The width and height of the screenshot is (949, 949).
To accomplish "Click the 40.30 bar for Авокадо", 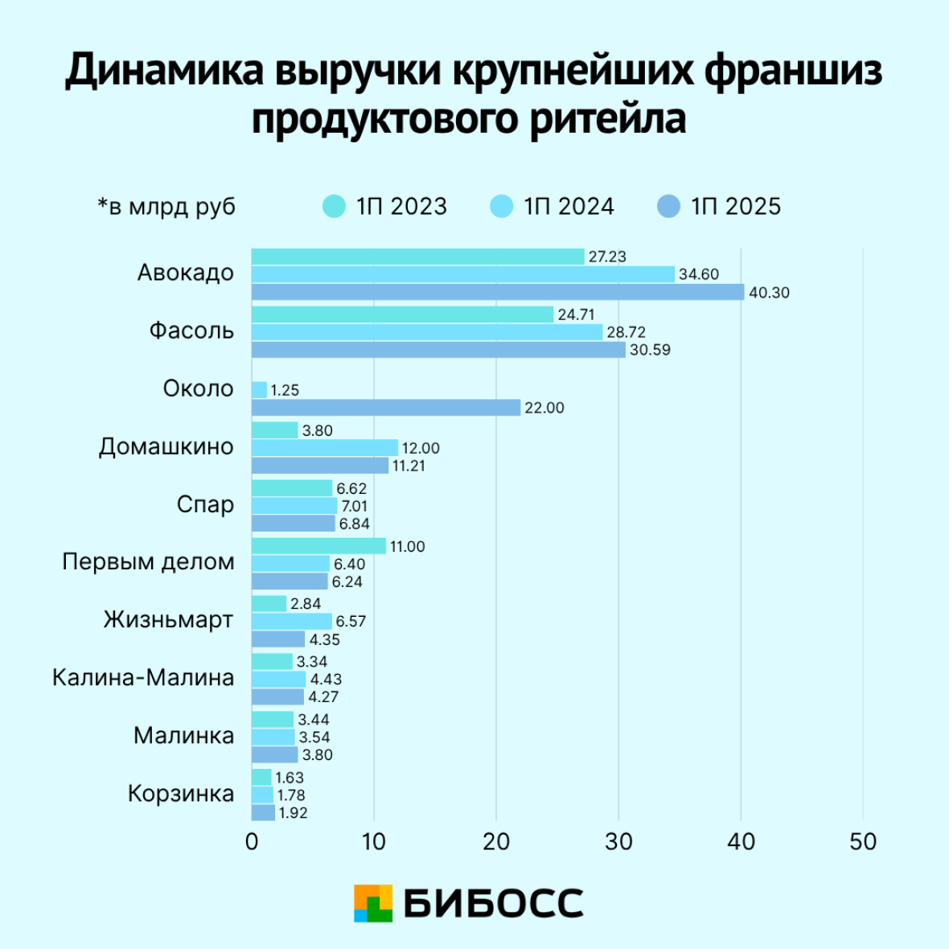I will (498, 292).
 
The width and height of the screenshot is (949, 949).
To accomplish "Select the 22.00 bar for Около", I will (386, 408).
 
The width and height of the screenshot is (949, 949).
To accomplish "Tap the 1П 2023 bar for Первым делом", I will (318, 546).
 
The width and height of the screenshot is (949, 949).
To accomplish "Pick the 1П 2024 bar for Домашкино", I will (325, 448).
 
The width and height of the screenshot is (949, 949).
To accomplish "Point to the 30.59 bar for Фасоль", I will (438, 350).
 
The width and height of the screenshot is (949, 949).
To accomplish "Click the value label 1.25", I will (285, 390).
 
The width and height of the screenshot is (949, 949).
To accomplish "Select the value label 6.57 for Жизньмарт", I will (351, 622).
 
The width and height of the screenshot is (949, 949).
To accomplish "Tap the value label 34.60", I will (699, 274).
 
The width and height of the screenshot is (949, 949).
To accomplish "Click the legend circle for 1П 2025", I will (668, 207).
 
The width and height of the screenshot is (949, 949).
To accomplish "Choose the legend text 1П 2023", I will (401, 207).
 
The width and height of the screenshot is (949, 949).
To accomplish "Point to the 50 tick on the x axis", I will (863, 841).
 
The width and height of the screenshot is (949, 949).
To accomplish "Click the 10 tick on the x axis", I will (374, 841).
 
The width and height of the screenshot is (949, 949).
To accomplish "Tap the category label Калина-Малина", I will (143, 677).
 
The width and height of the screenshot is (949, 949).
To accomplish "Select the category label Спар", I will (205, 504).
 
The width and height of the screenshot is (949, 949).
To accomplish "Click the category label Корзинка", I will (181, 794).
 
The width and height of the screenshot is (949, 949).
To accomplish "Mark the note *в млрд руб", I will (166, 207).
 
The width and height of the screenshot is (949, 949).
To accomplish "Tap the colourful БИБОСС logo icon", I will (373, 903).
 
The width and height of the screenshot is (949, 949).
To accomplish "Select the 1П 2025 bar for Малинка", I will (275, 755).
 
